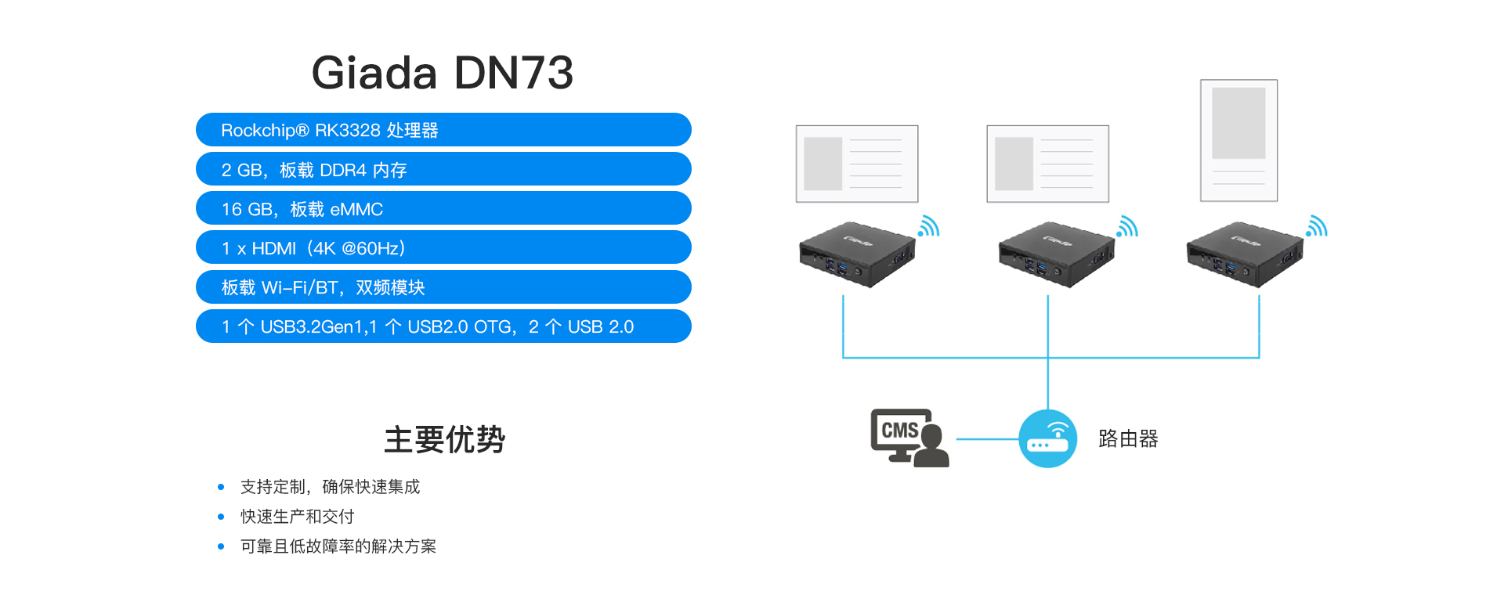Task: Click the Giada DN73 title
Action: point(443,73)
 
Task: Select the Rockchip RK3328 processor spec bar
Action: point(443,130)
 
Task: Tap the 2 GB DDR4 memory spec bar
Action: point(443,169)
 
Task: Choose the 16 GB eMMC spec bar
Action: point(443,208)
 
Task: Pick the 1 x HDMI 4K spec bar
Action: point(443,247)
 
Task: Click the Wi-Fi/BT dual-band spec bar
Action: point(443,287)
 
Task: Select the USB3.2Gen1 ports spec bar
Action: point(443,326)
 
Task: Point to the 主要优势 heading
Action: point(444,439)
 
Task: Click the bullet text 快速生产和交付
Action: point(297,517)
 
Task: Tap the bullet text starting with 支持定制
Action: point(330,487)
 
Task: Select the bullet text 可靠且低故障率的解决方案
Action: point(338,546)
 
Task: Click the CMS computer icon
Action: point(909,438)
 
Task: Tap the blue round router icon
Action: point(1047,438)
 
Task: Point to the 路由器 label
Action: point(1128,438)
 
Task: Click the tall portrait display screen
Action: point(1238,140)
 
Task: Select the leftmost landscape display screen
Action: point(857,164)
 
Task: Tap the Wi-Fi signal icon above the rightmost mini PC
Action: point(1317,226)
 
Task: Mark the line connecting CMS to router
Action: point(987,439)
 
